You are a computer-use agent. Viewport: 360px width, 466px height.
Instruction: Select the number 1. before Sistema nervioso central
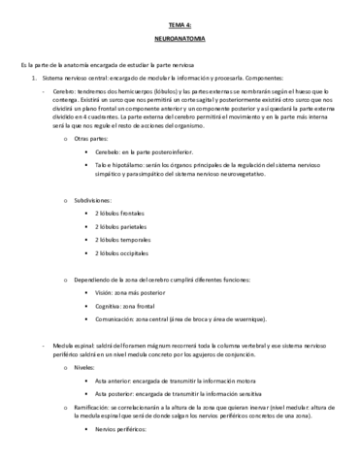pos(34,77)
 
